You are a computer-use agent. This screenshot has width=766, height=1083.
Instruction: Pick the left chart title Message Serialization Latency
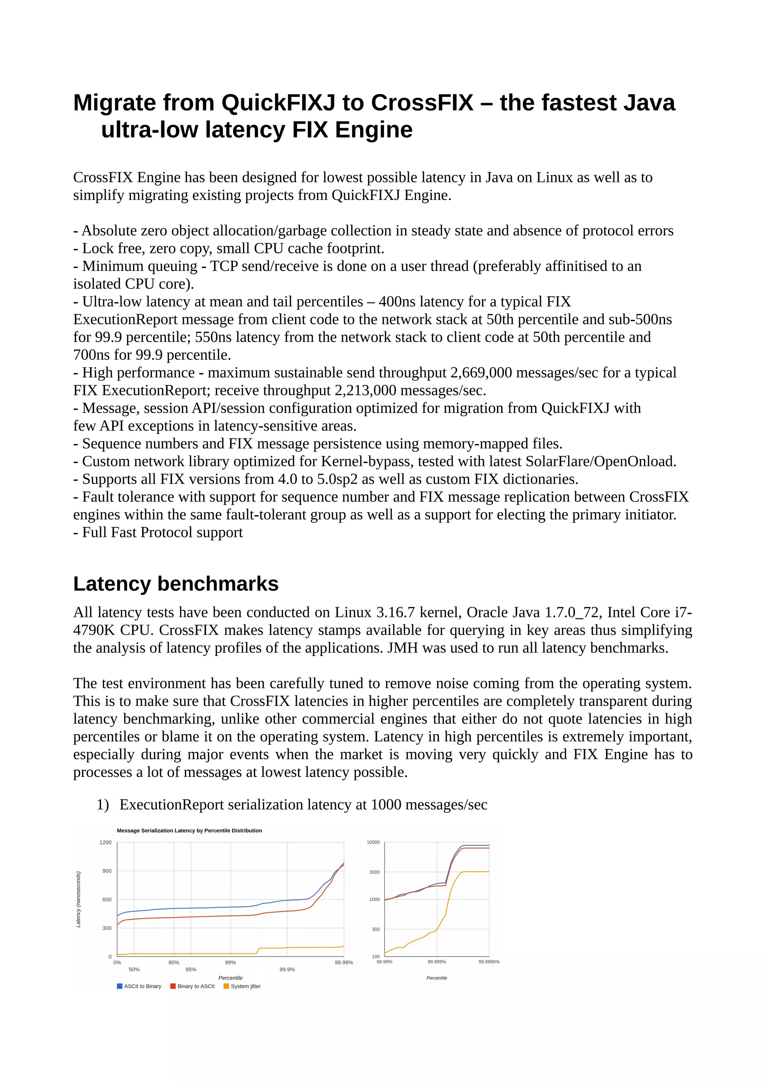(x=189, y=831)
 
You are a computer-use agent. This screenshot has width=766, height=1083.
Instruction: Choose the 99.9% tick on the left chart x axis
(x=287, y=969)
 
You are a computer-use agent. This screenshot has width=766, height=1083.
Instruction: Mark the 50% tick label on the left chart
(x=134, y=969)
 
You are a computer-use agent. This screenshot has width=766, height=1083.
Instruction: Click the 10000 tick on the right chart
(x=373, y=842)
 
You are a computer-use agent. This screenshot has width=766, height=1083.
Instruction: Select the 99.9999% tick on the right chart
(x=489, y=962)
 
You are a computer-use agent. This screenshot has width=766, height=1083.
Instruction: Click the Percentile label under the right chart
(x=436, y=978)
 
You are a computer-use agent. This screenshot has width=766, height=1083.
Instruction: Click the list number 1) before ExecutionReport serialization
(x=103, y=805)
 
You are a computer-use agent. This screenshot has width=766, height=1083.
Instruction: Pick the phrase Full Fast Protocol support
(x=162, y=533)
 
